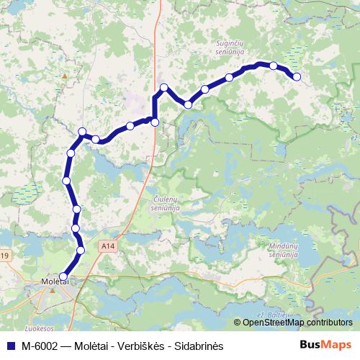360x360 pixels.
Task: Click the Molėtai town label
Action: tap(55, 282)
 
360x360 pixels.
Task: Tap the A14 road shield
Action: tap(108, 247)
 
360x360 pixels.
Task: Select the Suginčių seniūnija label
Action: tap(232, 47)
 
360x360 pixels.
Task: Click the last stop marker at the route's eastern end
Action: tap(296, 77)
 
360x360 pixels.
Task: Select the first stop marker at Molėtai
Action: tap(63, 276)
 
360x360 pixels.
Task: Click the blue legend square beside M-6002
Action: tap(10, 346)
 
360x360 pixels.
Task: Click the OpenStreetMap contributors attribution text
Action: tap(297, 322)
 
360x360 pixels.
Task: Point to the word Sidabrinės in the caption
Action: tap(199, 346)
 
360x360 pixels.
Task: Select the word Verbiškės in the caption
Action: tap(140, 346)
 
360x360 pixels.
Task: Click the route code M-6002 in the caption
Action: tap(40, 346)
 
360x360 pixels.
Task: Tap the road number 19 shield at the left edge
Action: tap(4, 256)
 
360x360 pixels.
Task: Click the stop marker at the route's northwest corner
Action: tap(82, 132)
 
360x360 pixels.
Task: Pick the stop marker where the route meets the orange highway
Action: tap(155, 123)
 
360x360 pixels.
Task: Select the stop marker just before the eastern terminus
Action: tap(274, 66)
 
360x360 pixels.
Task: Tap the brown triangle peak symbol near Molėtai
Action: tap(52, 292)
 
